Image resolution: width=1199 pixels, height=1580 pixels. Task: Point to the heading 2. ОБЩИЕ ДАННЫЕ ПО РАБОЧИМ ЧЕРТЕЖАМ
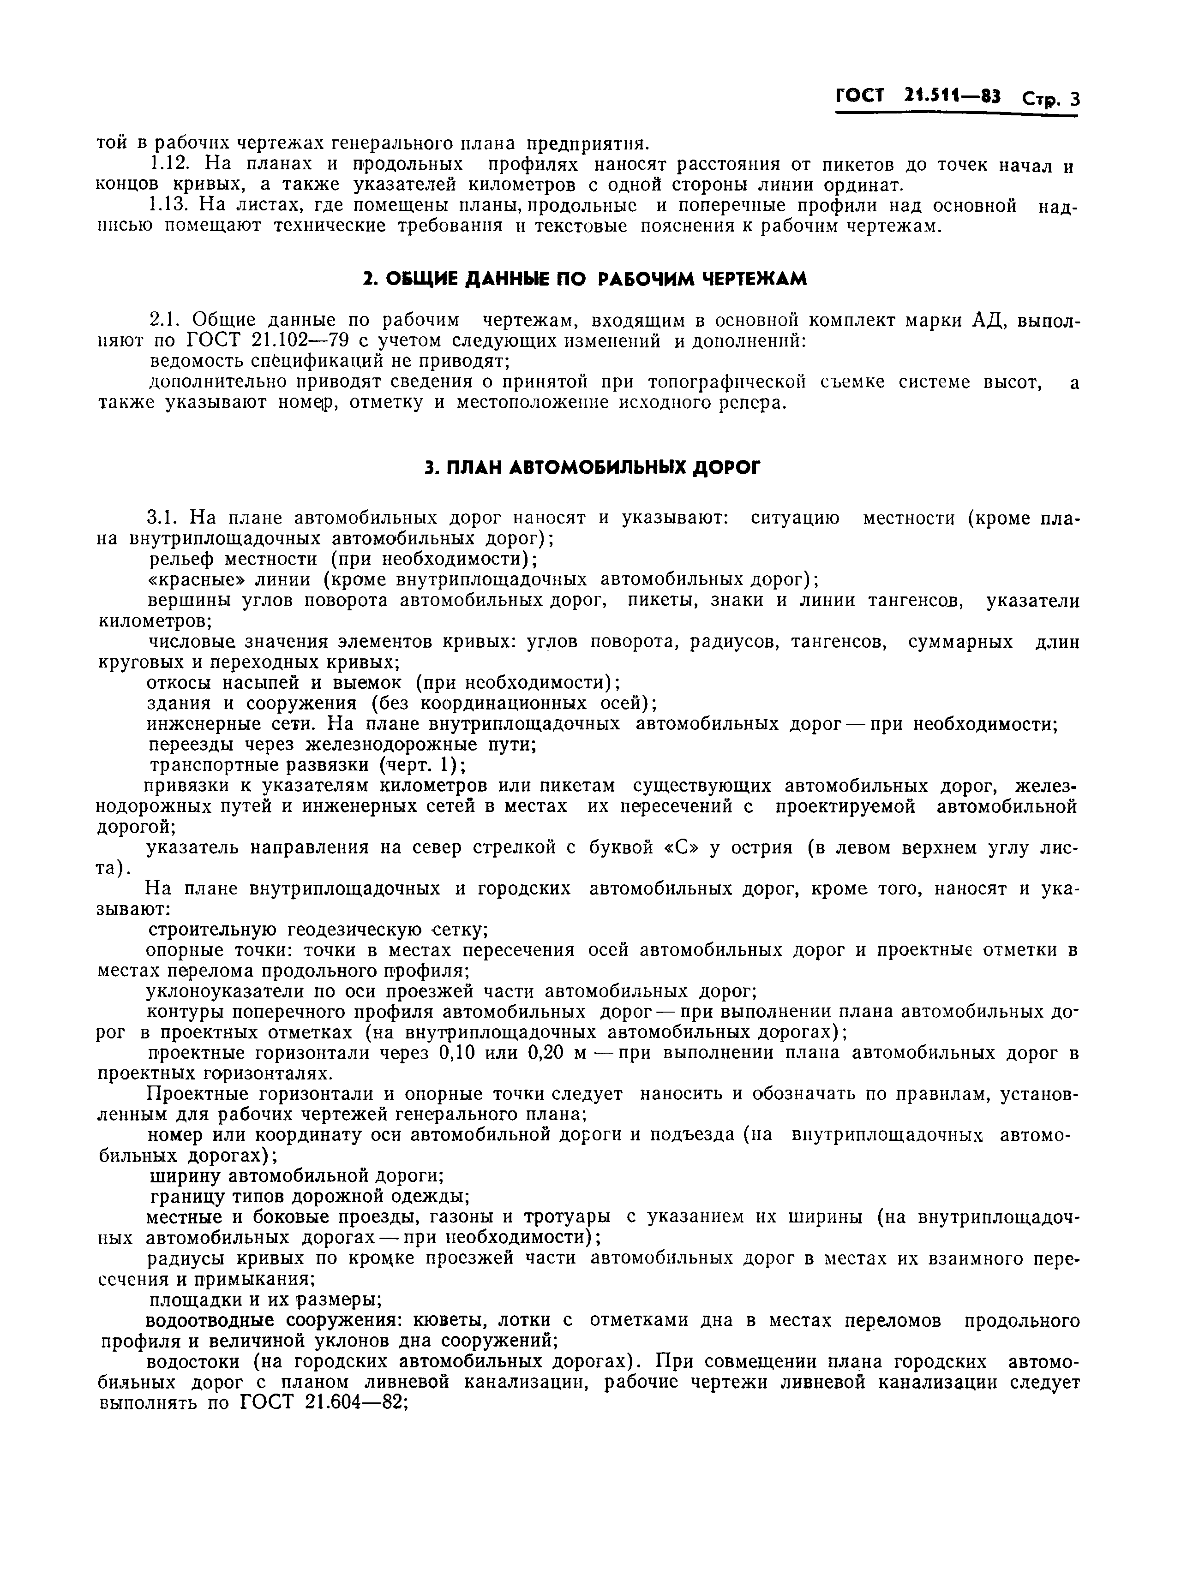pos(584,279)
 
